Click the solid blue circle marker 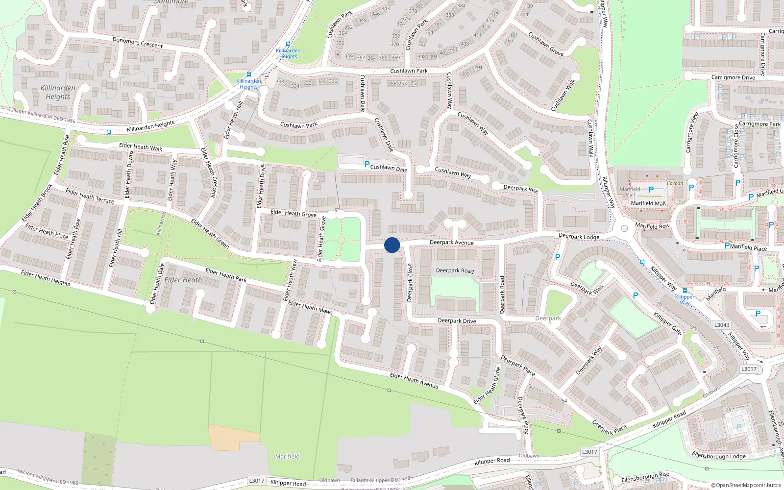pyautogui.click(x=392, y=245)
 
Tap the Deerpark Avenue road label pyautogui.click(x=451, y=243)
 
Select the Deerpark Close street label pyautogui.click(x=410, y=283)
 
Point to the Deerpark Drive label pyautogui.click(x=457, y=321)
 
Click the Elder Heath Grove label pyautogui.click(x=293, y=213)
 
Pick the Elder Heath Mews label pyautogui.click(x=310, y=308)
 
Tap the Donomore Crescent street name pyautogui.click(x=137, y=43)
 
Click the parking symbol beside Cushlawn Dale pyautogui.click(x=367, y=165)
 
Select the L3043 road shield pyautogui.click(x=721, y=325)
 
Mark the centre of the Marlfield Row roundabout pyautogui.click(x=624, y=228)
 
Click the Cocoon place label pyautogui.click(x=675, y=184)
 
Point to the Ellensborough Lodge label pyautogui.click(x=718, y=456)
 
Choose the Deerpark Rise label pyautogui.click(x=520, y=188)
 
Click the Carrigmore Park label pyautogui.click(x=759, y=124)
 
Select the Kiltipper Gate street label pyautogui.click(x=667, y=323)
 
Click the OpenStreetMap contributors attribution pyautogui.click(x=746, y=485)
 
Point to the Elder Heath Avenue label pyautogui.click(x=414, y=380)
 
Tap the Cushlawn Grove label pyautogui.click(x=545, y=44)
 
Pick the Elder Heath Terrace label pyautogui.click(x=90, y=196)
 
